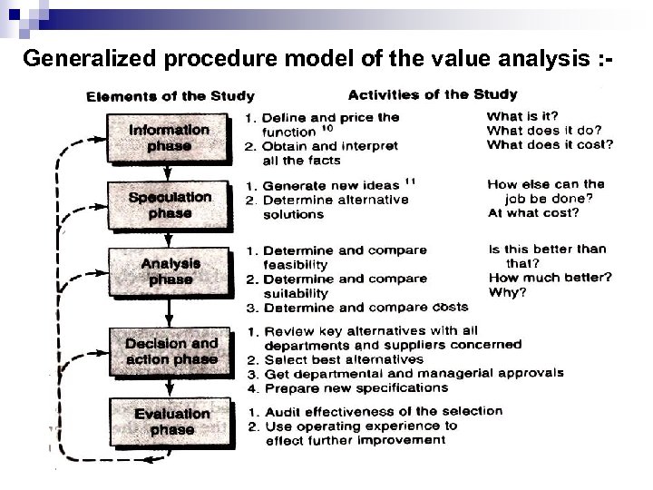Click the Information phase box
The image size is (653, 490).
pos(170,138)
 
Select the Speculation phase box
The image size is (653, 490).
pos(170,205)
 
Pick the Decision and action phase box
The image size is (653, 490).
pos(171,351)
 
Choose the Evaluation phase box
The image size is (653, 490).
pos(171,422)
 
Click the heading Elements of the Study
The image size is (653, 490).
pos(170,95)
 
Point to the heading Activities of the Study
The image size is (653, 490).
pos(433,93)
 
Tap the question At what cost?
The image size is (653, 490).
pos(532,212)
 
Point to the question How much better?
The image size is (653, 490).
pos(550,278)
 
